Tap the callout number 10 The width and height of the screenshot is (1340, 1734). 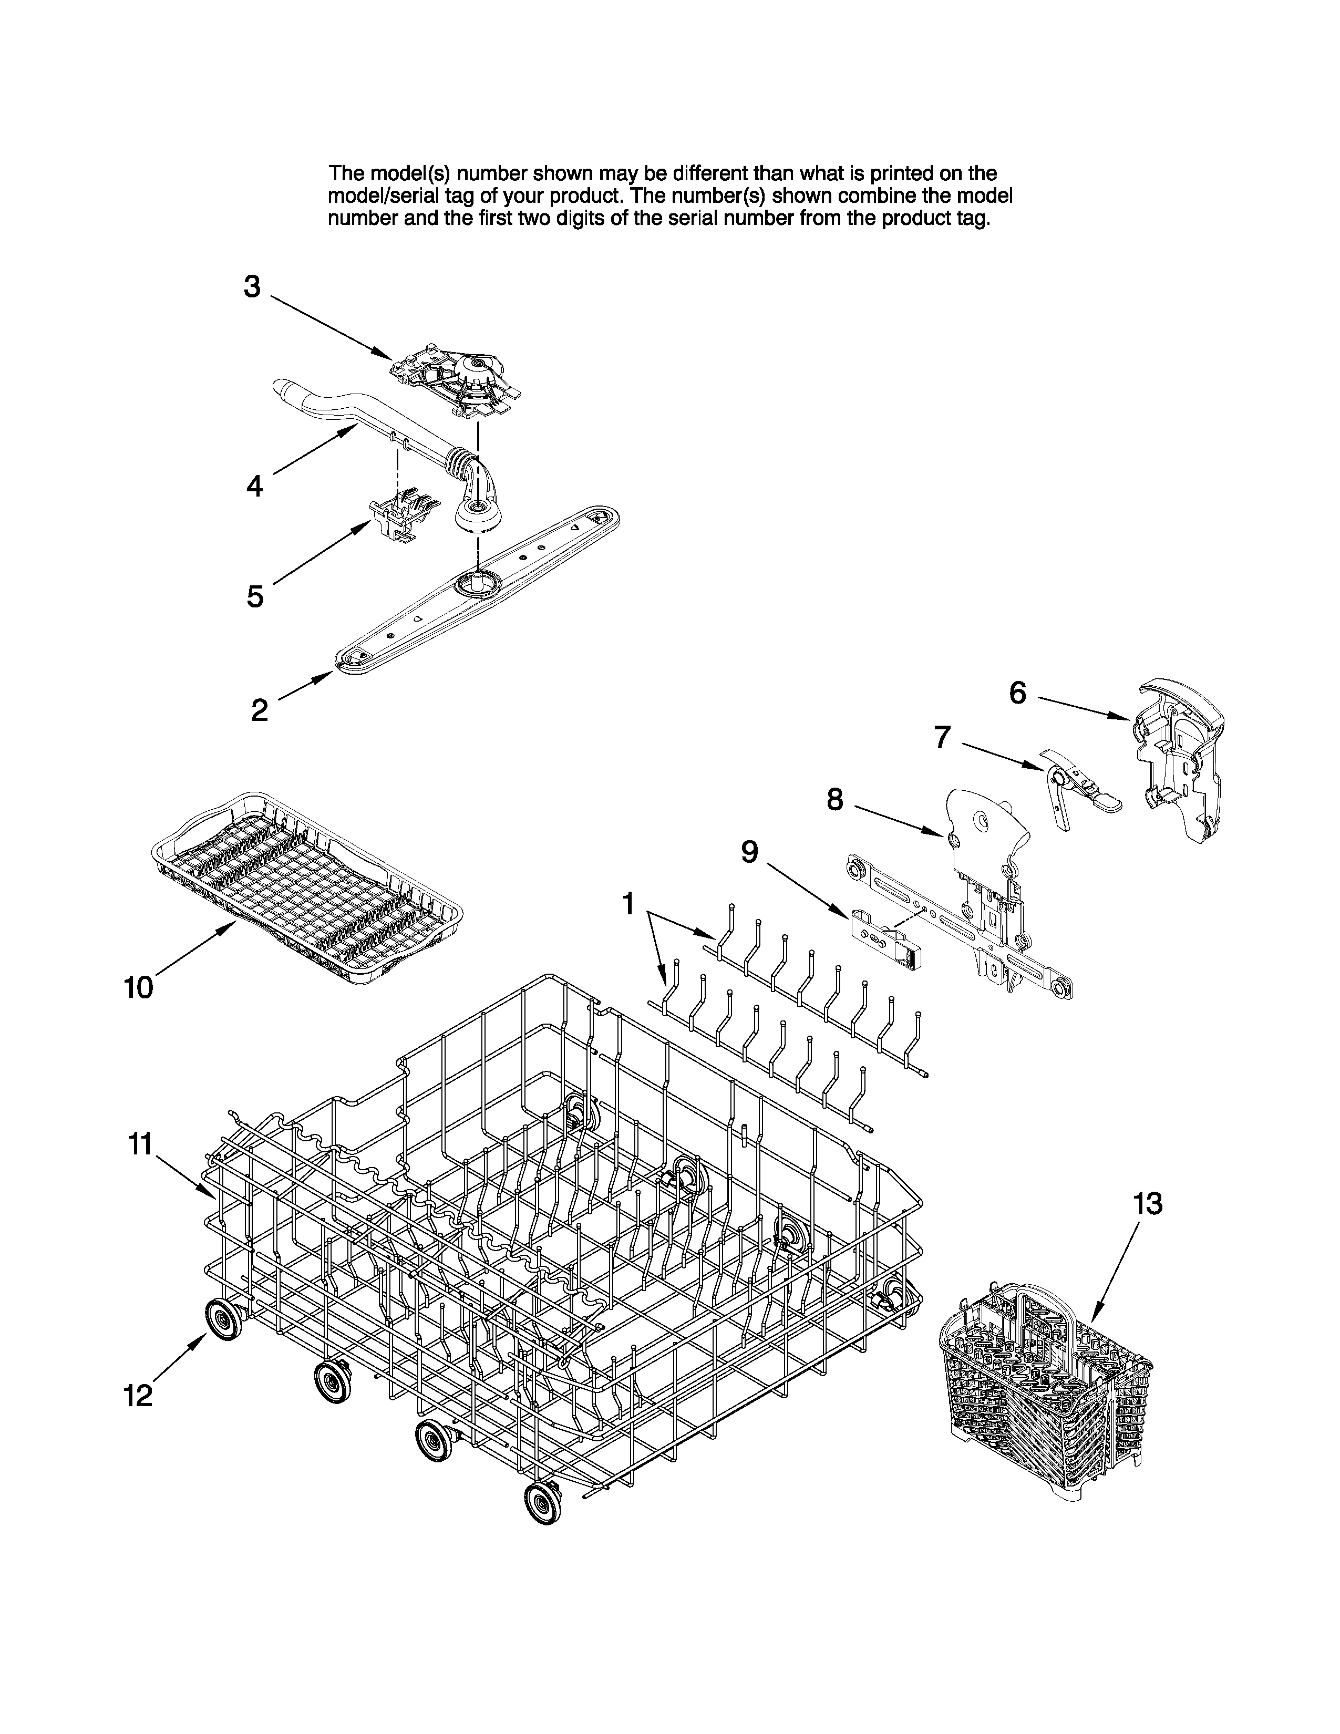point(138,988)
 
